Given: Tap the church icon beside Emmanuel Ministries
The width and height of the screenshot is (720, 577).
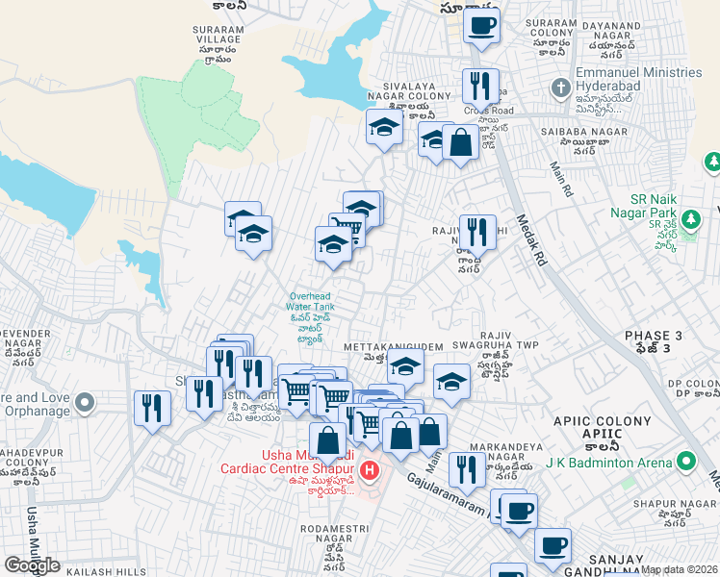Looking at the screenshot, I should (x=561, y=88).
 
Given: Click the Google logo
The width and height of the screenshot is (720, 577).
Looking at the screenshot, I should (x=32, y=565).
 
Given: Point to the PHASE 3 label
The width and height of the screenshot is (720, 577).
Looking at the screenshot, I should (x=653, y=335).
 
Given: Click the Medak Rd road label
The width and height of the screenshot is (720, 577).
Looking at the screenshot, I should (x=532, y=240).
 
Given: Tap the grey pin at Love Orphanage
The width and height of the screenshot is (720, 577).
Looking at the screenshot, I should (x=85, y=401).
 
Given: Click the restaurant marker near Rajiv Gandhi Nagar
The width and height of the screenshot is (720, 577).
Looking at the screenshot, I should (x=477, y=232).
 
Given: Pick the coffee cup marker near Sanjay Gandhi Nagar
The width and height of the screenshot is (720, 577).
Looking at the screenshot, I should (x=553, y=545).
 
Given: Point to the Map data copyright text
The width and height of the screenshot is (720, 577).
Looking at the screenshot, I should (x=680, y=569).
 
